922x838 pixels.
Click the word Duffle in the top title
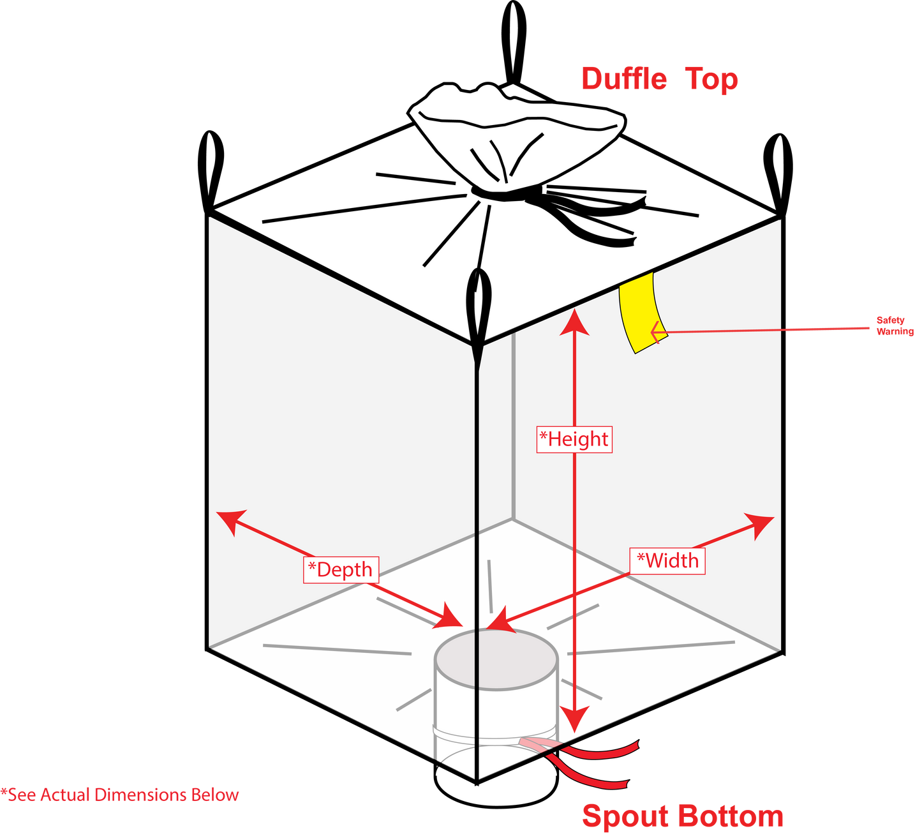click(624, 79)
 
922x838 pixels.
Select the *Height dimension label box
click(574, 439)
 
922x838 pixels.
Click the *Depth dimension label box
click(341, 570)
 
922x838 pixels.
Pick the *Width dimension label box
click(667, 560)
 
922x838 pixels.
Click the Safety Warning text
click(895, 325)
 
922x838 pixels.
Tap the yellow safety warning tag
click(642, 313)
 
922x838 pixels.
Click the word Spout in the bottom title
click(626, 816)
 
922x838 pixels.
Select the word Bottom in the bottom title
click(731, 816)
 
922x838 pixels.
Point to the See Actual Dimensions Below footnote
click(119, 795)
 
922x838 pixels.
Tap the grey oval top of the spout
click(496, 659)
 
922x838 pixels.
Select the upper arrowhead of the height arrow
click(574, 322)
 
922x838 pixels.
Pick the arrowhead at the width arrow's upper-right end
click(761, 525)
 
